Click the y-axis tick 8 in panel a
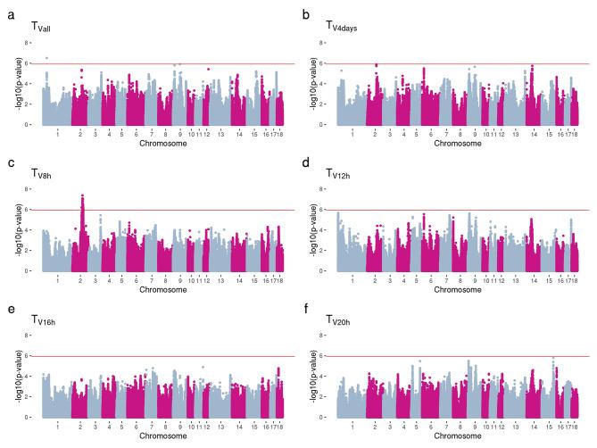(x=33, y=43)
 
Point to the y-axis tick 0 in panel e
(x=33, y=418)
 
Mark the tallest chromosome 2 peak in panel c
(x=82, y=195)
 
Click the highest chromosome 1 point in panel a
(x=46, y=58)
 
